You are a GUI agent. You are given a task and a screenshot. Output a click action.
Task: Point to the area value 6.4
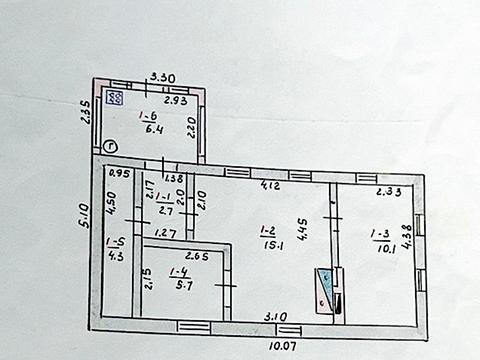click(x=155, y=129)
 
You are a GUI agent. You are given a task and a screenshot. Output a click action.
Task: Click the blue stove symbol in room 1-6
click(x=115, y=98)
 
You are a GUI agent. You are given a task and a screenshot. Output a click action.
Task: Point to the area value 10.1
click(x=381, y=249)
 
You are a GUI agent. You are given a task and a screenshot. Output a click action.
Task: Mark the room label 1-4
click(x=180, y=272)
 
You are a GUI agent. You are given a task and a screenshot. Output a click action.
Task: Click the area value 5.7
click(x=180, y=286)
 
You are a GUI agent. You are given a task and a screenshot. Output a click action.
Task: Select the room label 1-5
click(x=116, y=241)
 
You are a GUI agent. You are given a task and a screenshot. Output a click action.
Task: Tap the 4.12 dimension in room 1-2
click(x=269, y=186)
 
